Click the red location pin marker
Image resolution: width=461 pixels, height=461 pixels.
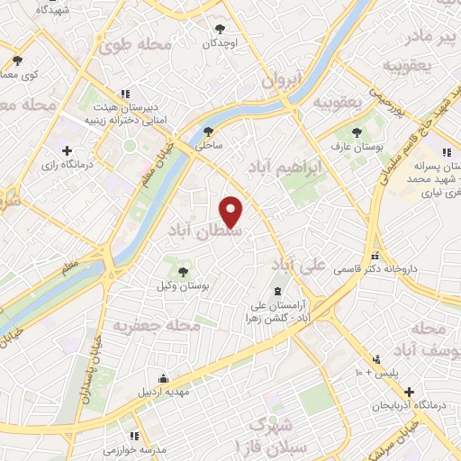click(232, 212)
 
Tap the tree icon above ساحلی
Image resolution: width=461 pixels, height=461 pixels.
click(209, 130)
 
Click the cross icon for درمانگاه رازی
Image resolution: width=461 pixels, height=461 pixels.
click(68, 150)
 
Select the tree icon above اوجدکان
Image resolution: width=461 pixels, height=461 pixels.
click(218, 28)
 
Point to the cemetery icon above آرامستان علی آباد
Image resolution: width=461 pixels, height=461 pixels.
click(276, 291)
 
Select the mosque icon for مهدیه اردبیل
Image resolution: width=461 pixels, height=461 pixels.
click(163, 378)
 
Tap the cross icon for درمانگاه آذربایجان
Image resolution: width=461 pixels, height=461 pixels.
click(410, 393)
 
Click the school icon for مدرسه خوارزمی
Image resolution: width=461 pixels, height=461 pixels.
click(135, 436)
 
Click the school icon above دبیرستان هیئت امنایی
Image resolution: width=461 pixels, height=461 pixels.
click(125, 93)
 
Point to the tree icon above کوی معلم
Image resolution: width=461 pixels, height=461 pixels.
click(18, 60)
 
